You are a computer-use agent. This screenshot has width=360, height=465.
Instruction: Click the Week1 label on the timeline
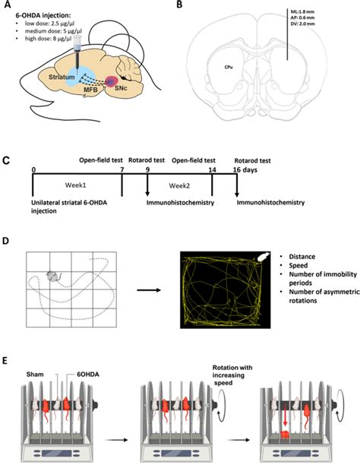click(74, 184)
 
